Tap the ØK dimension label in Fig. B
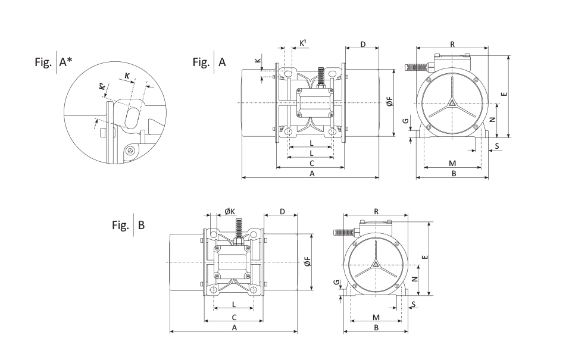coord(230,212)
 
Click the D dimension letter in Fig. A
coord(362,46)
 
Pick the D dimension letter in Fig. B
coord(282,212)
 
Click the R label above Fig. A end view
coord(452,45)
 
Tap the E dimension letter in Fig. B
coord(424,257)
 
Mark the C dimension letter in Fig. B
coord(234,317)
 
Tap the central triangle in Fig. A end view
coord(452,103)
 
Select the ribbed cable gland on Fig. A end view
coord(417,67)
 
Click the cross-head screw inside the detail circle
coord(130,152)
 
